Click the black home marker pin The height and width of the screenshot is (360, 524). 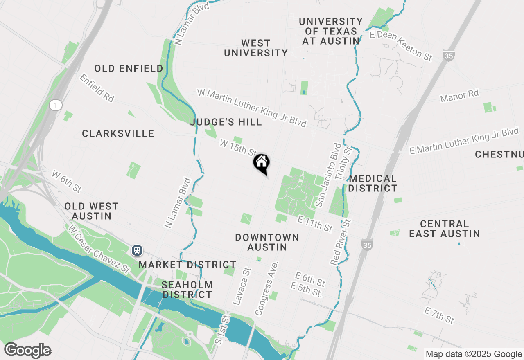pyautogui.click(x=262, y=163)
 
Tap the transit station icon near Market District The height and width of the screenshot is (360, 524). pyautogui.click(x=137, y=250)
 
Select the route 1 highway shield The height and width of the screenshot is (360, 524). pyautogui.click(x=55, y=106)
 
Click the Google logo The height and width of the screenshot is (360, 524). pyautogui.click(x=27, y=350)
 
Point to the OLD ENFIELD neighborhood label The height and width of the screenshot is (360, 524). pyautogui.click(x=129, y=69)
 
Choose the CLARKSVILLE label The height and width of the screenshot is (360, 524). pyautogui.click(x=118, y=134)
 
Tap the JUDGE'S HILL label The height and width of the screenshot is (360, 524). pyautogui.click(x=226, y=122)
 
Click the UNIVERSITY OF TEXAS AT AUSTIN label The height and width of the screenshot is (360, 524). pyautogui.click(x=331, y=31)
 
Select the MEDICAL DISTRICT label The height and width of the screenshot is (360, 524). pyautogui.click(x=373, y=183)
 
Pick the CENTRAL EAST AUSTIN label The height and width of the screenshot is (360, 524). pyautogui.click(x=444, y=229)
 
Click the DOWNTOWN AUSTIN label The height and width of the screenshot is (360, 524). pyautogui.click(x=267, y=242)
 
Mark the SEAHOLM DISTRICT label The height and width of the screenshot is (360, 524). pyautogui.click(x=187, y=290)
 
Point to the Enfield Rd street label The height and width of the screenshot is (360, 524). pyautogui.click(x=97, y=88)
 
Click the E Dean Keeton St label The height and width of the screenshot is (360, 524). pyautogui.click(x=401, y=46)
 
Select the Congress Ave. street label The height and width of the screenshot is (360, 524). pyautogui.click(x=267, y=288)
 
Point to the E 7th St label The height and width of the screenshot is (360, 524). pyautogui.click(x=439, y=315)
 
